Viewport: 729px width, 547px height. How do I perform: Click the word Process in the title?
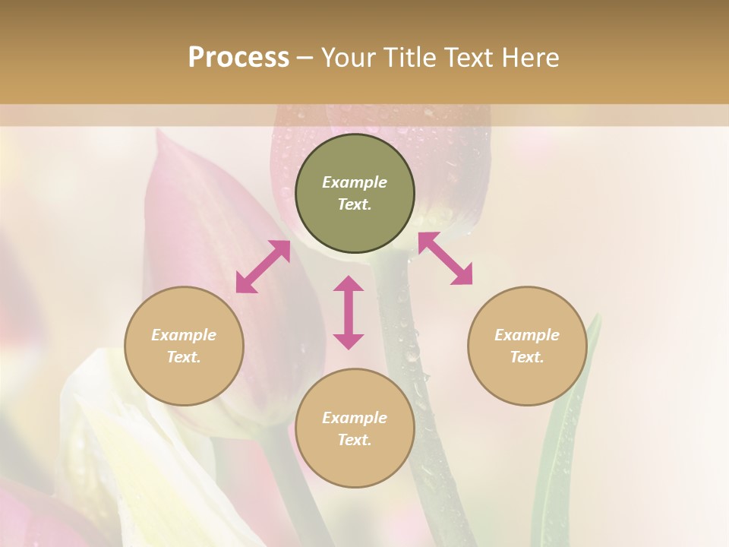click(238, 58)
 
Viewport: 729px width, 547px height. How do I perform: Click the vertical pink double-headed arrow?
click(349, 312)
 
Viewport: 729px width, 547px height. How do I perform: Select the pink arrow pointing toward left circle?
click(263, 267)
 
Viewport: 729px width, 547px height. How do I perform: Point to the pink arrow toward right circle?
click(445, 258)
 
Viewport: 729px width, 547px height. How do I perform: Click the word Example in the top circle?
click(355, 182)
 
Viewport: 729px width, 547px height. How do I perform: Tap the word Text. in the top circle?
click(355, 204)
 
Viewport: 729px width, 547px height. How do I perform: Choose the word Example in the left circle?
click(184, 335)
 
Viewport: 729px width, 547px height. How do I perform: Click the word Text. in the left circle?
click(184, 357)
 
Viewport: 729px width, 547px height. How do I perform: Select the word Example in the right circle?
click(527, 335)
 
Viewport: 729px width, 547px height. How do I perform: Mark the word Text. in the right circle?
click(527, 357)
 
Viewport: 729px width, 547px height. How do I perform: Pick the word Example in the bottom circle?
click(355, 418)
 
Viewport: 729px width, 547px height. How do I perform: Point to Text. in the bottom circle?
click(355, 440)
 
